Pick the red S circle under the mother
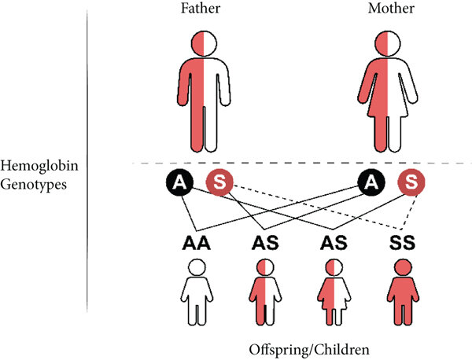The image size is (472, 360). tap(409, 183)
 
